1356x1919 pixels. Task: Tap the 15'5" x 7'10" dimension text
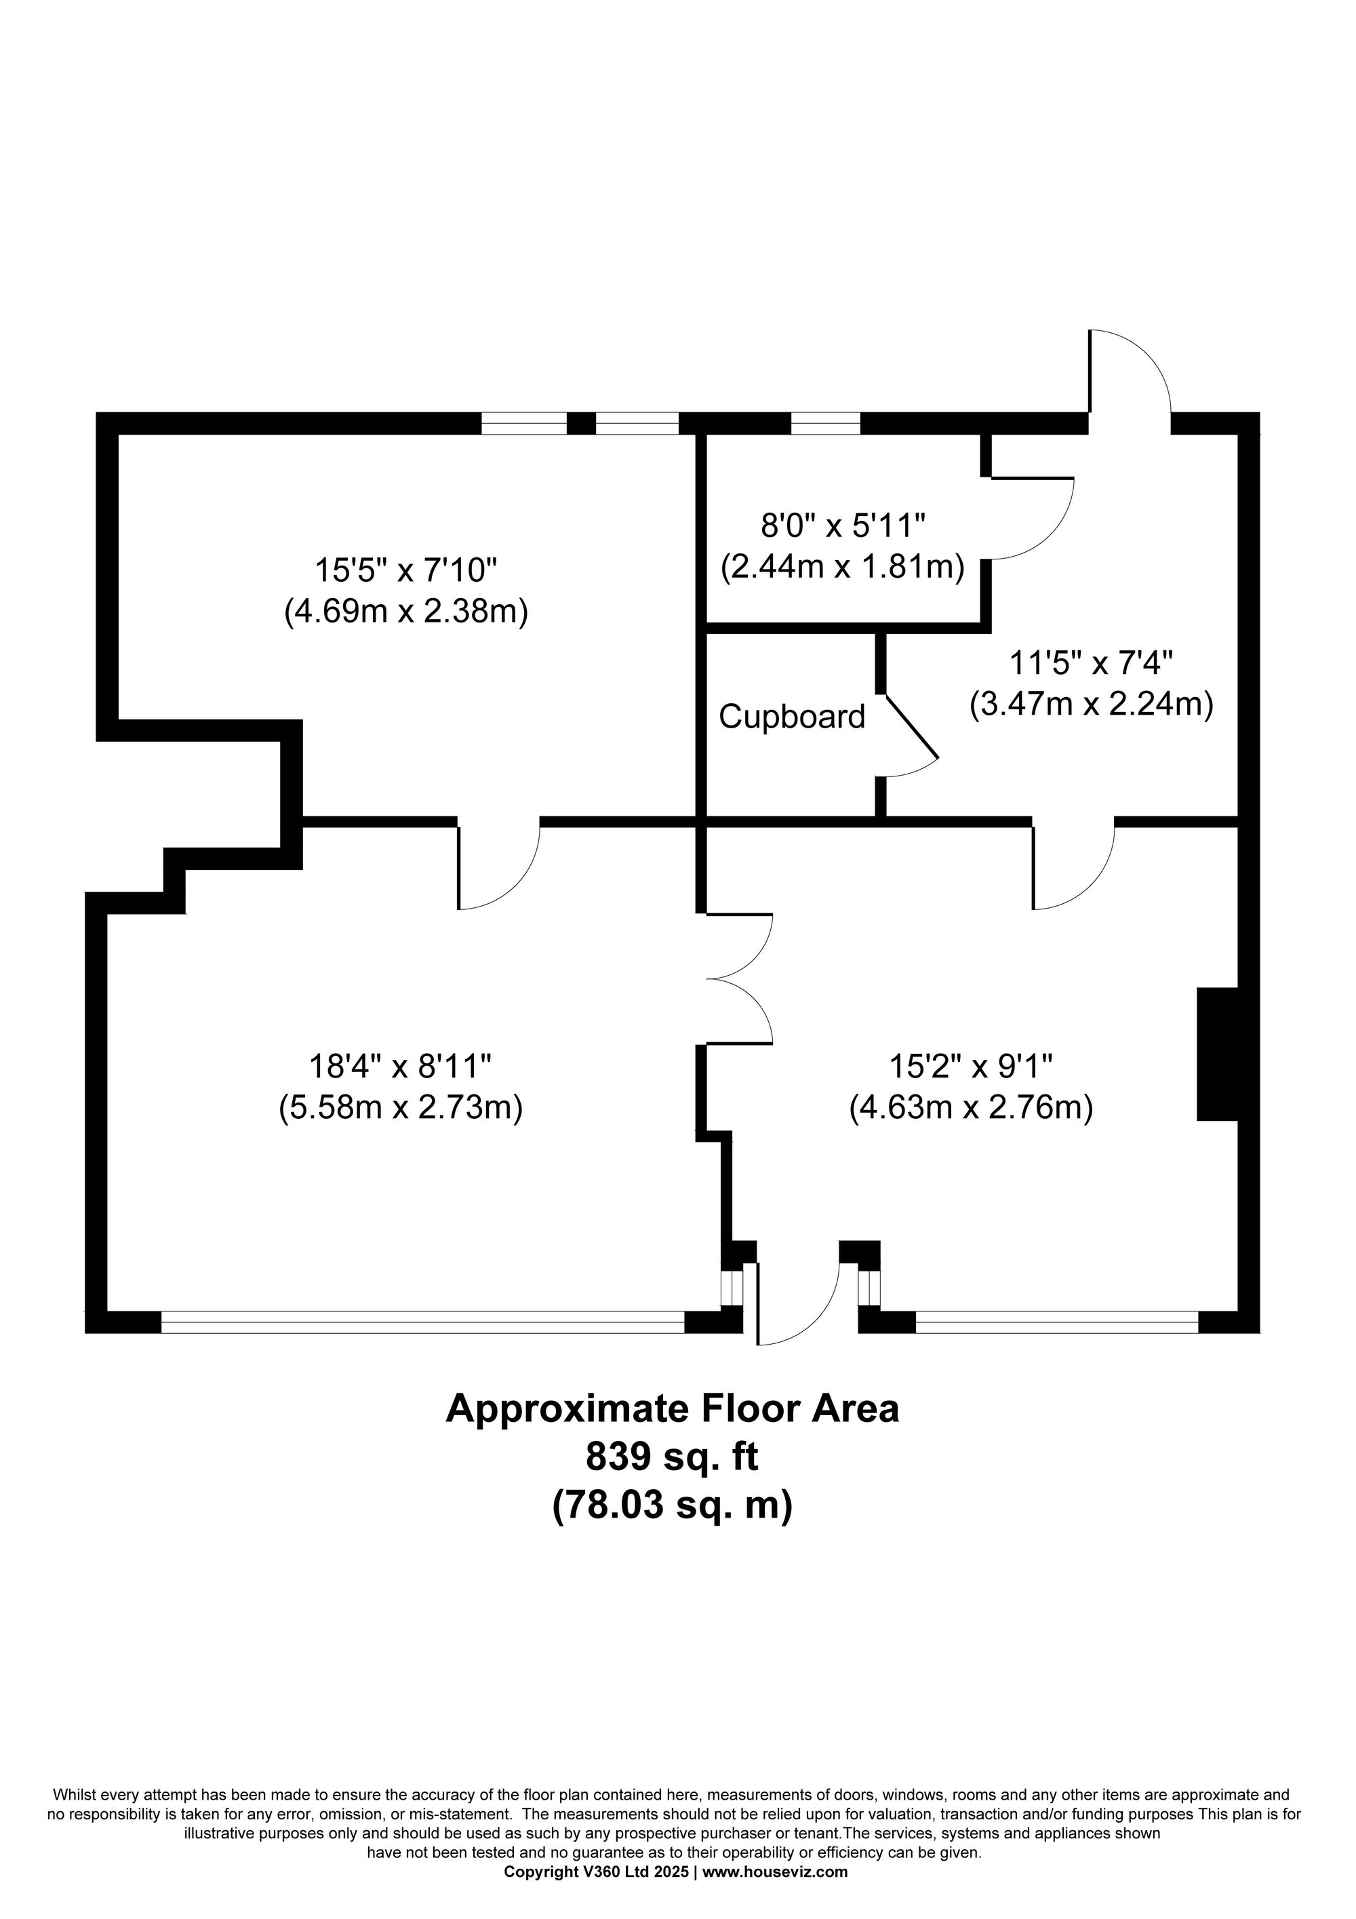[x=405, y=572]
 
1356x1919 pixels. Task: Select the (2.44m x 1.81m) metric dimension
[x=842, y=568]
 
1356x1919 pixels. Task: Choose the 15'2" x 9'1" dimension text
[x=972, y=1067]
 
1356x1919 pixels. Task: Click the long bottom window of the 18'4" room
[x=422, y=1322]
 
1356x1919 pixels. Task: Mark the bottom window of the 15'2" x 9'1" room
[x=1056, y=1322]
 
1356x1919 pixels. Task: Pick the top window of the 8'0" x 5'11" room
[x=825, y=424]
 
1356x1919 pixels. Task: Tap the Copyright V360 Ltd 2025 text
[x=597, y=1872]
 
